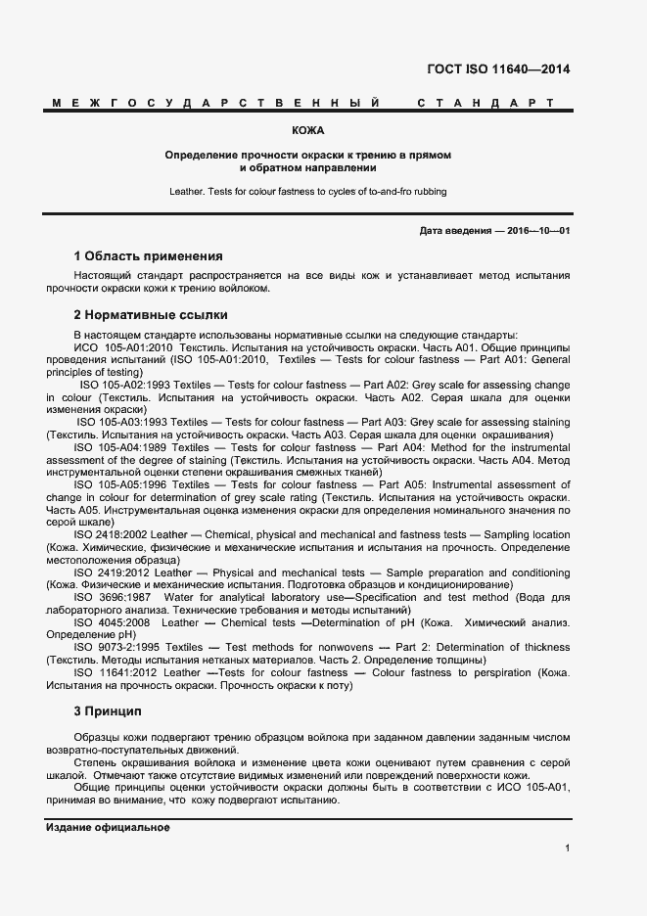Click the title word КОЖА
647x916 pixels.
pos(307,130)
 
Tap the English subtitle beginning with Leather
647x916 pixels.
pos(307,192)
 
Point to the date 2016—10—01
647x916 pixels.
pos(536,230)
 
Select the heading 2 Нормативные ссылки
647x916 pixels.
pos(151,315)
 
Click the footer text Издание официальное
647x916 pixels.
pos(108,827)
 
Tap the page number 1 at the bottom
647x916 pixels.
pos(567,847)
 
